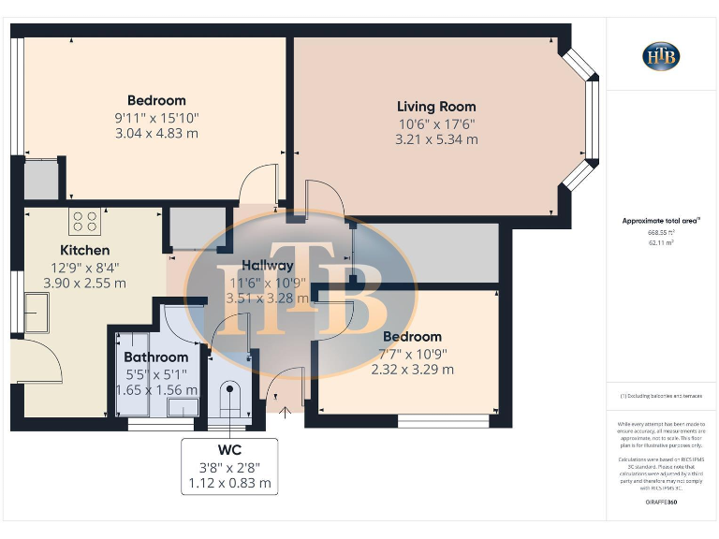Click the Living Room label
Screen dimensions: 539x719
(x=436, y=107)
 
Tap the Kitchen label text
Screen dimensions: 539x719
(x=85, y=250)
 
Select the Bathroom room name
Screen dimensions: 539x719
(x=156, y=357)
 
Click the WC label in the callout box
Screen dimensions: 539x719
(x=229, y=450)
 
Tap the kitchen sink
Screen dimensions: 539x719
(x=37, y=313)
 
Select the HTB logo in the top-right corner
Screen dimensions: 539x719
(x=661, y=56)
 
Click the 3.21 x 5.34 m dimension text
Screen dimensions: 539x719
(x=436, y=139)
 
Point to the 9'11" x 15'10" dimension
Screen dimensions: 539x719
(x=156, y=118)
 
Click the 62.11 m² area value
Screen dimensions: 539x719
(x=661, y=242)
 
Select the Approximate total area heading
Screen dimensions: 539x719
(x=661, y=221)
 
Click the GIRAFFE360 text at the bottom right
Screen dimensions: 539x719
(x=661, y=503)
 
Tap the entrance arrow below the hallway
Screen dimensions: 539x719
(x=285, y=409)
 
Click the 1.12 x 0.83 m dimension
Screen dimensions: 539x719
(x=229, y=483)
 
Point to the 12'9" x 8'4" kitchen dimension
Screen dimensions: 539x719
(x=84, y=267)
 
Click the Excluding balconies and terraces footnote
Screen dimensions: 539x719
(x=661, y=397)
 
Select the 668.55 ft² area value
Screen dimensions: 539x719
(x=661, y=232)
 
